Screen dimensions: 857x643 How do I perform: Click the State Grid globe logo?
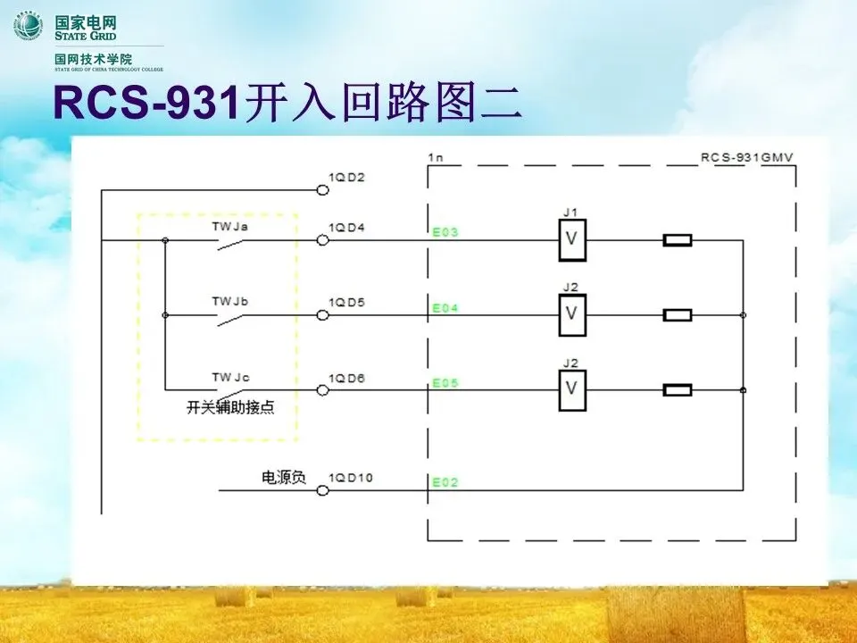28,24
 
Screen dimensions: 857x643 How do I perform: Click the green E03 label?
445,233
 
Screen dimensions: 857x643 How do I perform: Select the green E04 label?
445,308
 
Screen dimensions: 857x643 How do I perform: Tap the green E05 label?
445,383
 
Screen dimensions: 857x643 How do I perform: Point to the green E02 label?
445,483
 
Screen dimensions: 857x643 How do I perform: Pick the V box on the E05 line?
572,390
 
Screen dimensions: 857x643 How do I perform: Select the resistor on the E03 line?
678,240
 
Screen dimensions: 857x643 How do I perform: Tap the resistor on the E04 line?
678,315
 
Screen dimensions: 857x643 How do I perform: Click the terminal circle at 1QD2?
322,189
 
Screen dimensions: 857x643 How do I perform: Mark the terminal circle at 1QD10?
322,490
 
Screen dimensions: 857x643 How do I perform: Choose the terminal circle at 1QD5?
322,315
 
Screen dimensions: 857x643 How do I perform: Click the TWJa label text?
229,227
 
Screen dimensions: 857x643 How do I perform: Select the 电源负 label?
283,478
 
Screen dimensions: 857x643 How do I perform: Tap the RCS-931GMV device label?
747,157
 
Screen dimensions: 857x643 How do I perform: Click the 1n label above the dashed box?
436,157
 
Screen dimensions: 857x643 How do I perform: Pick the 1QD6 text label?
346,379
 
